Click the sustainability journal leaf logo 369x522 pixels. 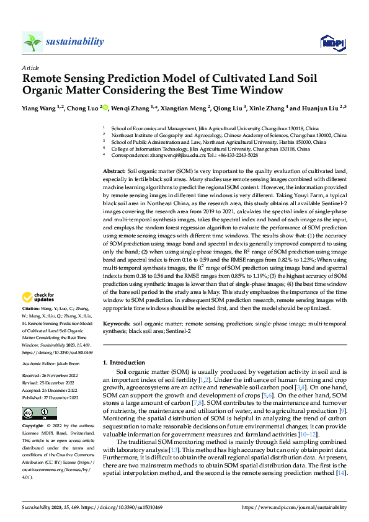(32, 42)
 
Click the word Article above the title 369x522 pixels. (30, 68)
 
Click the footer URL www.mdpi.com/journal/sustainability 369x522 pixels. (294, 507)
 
